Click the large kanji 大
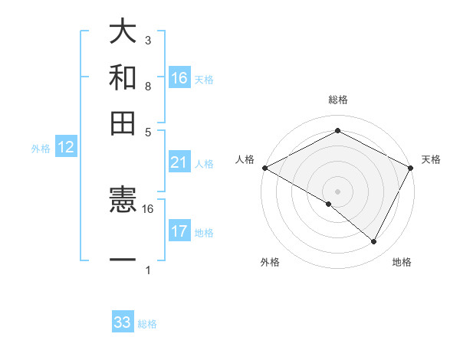[123, 32]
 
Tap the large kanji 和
[123, 77]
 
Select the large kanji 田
[123, 123]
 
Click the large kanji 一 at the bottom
[123, 260]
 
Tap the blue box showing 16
[179, 78]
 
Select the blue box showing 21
[179, 162]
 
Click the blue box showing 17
[179, 231]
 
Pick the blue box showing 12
[66, 148]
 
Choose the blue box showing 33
[123, 322]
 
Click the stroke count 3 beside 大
[148, 40]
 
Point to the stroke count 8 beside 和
[148, 86]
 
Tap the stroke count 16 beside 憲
[148, 208]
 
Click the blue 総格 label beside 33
[147, 324]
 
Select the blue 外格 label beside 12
[41, 149]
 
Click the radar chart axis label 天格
[431, 159]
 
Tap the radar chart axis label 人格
[245, 159]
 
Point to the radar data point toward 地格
[374, 242]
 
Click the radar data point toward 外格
[329, 204]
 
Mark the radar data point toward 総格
[337, 131]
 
